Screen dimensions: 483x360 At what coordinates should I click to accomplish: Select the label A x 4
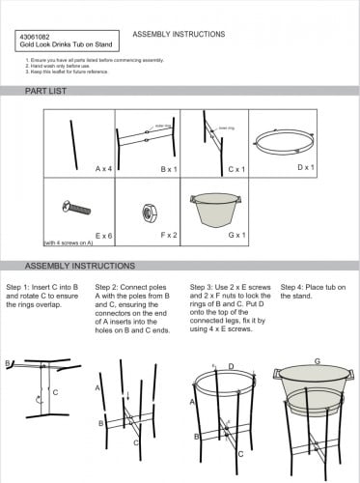pos(104,169)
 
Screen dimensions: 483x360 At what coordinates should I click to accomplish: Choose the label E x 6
pos(104,235)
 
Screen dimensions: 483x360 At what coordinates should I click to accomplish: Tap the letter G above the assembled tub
pos(316,360)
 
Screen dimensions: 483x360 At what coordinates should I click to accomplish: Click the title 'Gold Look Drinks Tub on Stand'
pos(60,44)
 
